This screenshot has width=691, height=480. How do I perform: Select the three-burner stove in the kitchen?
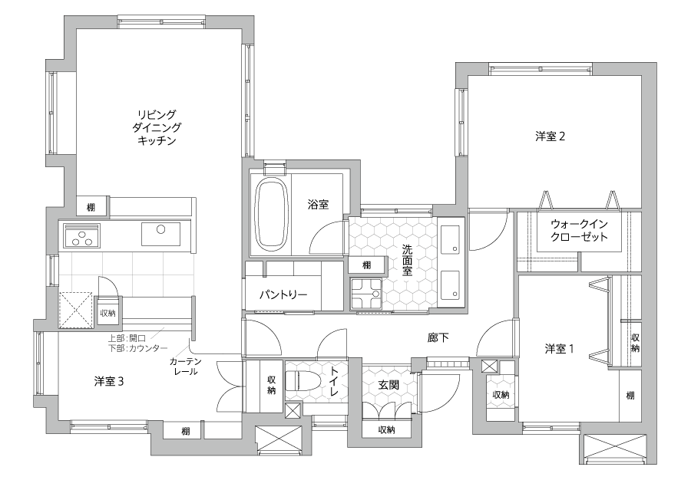point(82,235)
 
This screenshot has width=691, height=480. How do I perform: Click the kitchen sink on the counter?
point(161,234)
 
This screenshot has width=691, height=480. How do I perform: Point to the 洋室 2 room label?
point(550,136)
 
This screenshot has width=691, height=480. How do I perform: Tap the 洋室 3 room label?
point(109,381)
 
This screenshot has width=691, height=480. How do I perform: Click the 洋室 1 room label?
point(559,349)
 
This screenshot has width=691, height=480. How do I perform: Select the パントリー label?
point(283,294)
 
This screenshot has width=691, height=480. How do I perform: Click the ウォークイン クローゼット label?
point(579,230)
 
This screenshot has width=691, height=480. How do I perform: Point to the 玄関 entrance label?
point(388,385)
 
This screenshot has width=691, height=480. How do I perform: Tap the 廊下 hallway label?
point(438,337)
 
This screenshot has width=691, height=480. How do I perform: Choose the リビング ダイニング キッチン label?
point(157,127)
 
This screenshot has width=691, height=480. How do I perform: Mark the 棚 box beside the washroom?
point(367,265)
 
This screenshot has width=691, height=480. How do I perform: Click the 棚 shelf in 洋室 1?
point(630,396)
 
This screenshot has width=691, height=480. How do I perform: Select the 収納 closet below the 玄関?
point(386,429)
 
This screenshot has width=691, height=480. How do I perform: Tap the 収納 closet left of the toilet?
point(272,386)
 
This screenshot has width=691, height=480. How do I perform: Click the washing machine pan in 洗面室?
point(365,294)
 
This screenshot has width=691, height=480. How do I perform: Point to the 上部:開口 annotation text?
point(127,338)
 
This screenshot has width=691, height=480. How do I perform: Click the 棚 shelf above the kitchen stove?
point(91,207)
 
